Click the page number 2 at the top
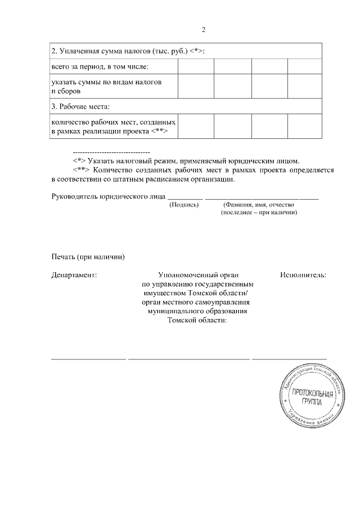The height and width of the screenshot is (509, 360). click(204, 30)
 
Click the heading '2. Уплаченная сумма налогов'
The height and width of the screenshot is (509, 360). click(127, 51)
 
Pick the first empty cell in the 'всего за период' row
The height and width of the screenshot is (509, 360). click(196, 67)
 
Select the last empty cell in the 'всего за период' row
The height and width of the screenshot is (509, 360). click(304, 67)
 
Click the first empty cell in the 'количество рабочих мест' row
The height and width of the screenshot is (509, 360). click(196, 126)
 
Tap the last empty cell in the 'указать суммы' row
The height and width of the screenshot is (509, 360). click(304, 86)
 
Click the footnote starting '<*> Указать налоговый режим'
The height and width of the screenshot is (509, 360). click(186, 160)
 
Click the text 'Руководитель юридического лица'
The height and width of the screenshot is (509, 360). click(109, 197)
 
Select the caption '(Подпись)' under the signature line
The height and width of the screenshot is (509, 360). click(184, 205)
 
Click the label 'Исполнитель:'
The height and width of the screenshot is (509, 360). click(303, 276)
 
